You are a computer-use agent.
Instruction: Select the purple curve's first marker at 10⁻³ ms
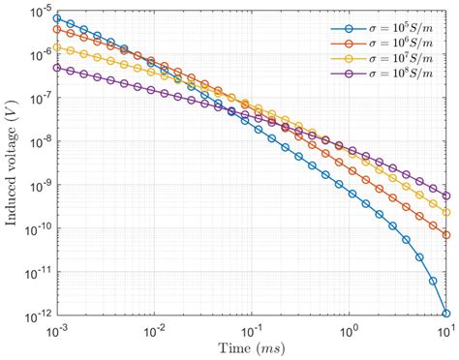58,68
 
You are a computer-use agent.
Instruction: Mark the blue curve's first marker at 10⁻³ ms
58,18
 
